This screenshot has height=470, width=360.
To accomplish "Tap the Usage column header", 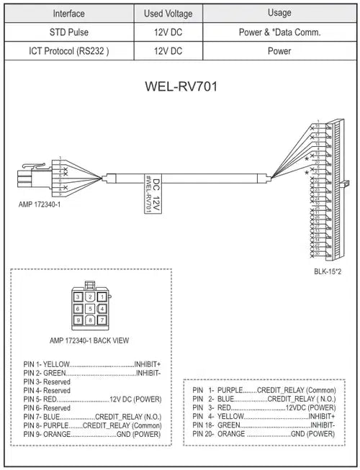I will pyautogui.click(x=279, y=13).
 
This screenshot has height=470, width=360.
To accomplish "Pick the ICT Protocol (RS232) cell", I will pyautogui.click(x=69, y=51).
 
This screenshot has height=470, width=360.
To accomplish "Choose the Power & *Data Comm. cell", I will pyautogui.click(x=279, y=32).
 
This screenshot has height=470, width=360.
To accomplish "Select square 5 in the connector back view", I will pyautogui.click(x=89, y=307).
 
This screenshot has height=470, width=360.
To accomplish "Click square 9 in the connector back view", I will pyautogui.click(x=77, y=320).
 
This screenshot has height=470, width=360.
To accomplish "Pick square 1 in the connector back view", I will pyautogui.click(x=102, y=296).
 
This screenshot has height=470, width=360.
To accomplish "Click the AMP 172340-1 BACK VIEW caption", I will pyautogui.click(x=89, y=340).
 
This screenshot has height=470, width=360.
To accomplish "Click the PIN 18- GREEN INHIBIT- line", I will pyautogui.click(x=264, y=425).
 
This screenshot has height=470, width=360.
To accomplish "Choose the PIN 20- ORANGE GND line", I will pyautogui.click(x=264, y=434).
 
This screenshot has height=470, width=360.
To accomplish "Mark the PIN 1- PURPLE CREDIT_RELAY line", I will pyautogui.click(x=264, y=389).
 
